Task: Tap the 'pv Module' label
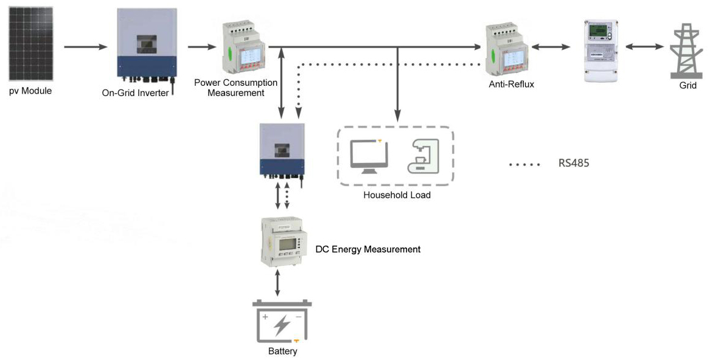point(30,92)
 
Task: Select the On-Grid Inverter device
point(146,46)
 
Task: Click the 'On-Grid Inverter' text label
point(135,93)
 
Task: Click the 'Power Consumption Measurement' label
point(235,88)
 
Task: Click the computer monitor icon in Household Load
point(369,156)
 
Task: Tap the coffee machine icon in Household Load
point(422,156)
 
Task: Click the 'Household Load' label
point(397,195)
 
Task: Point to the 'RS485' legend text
point(574,164)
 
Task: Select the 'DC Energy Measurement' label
point(367,249)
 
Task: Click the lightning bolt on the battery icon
point(281,325)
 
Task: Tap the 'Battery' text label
point(282,351)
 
